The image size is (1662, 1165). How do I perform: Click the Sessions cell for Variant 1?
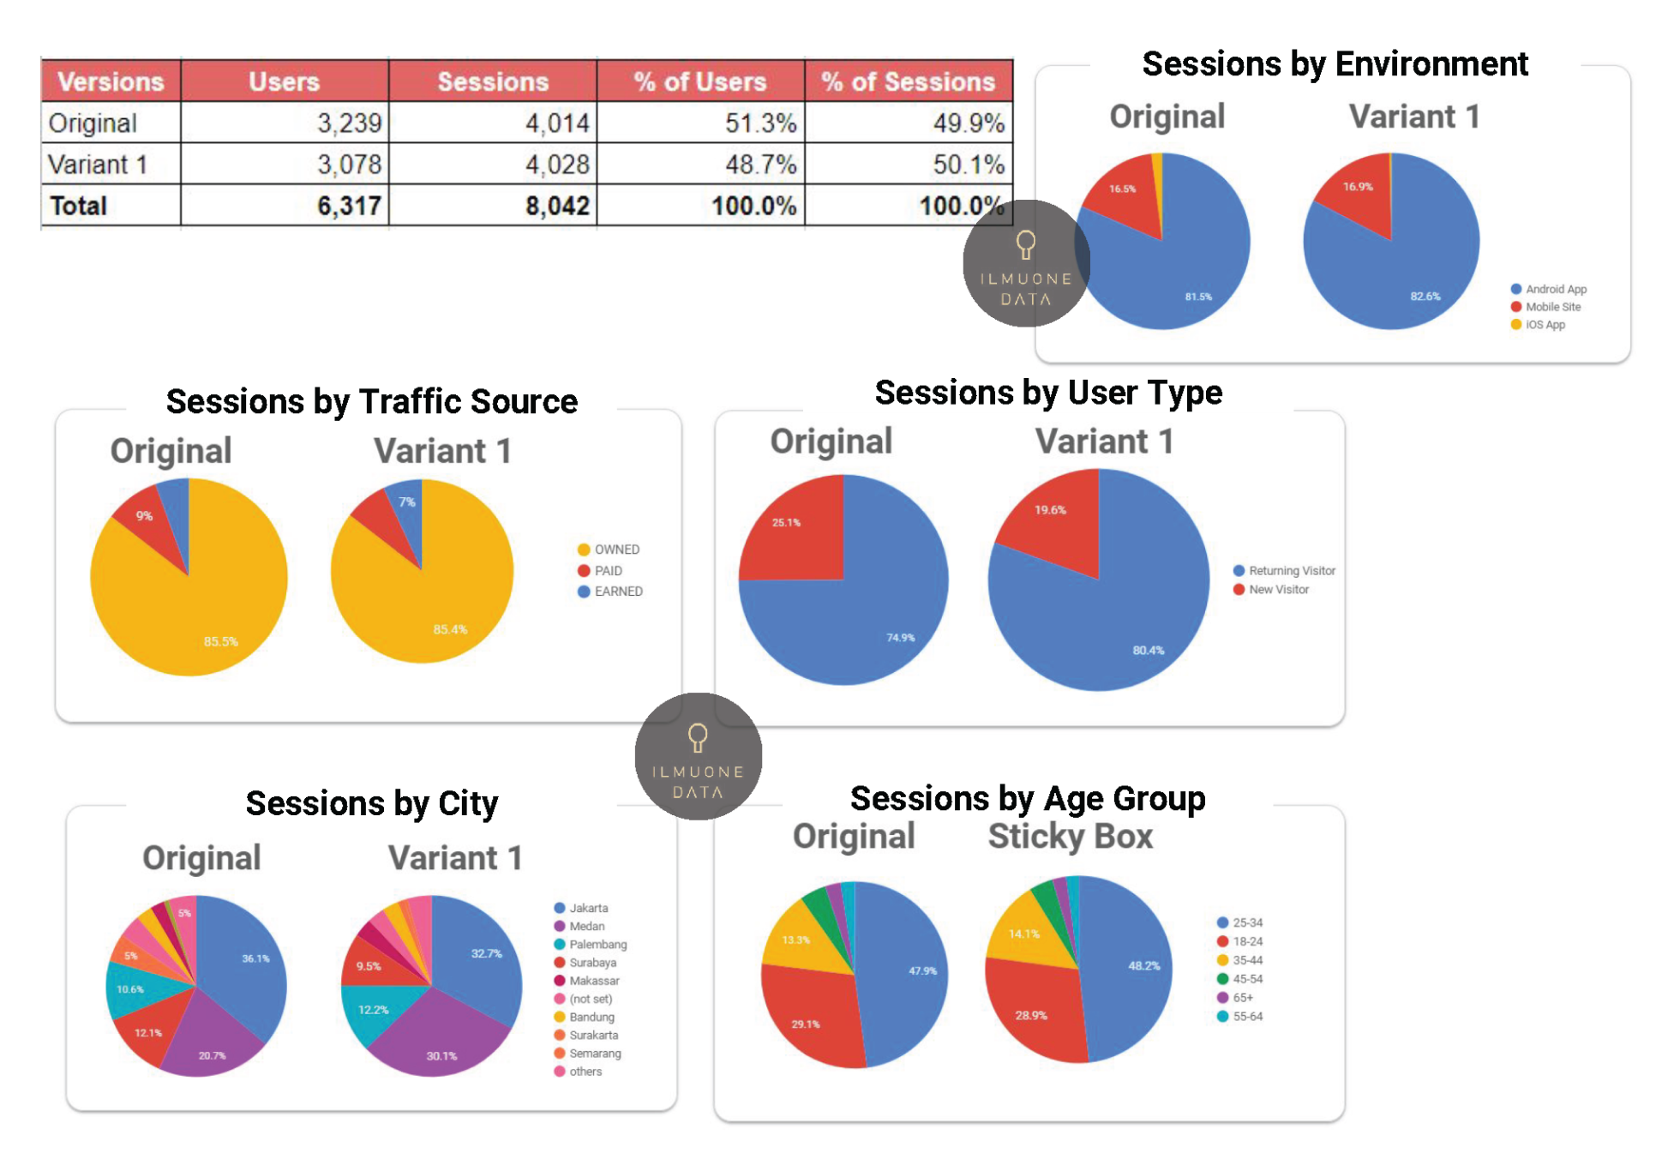click(556, 164)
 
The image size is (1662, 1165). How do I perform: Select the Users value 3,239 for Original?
click(349, 123)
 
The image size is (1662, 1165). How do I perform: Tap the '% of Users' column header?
click(699, 81)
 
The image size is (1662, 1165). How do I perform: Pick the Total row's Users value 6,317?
click(349, 206)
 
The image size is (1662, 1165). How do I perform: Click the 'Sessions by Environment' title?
click(1335, 64)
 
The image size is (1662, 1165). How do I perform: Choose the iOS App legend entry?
click(1544, 325)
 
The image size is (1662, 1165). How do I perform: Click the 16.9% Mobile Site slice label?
click(1358, 187)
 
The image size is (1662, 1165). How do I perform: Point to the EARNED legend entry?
click(617, 592)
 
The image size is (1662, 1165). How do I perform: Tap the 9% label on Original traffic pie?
click(144, 516)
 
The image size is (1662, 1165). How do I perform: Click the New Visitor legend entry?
click(1277, 590)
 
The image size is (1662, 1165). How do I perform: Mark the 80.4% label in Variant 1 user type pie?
click(1148, 651)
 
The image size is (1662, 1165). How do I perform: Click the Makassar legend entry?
click(593, 981)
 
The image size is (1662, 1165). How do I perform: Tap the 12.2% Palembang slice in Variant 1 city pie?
click(373, 1010)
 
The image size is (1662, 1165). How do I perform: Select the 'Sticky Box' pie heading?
click(1070, 836)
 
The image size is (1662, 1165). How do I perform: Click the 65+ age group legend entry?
click(1241, 998)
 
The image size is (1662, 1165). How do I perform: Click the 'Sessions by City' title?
click(371, 803)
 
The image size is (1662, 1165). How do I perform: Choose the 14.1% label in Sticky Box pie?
click(1023, 934)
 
